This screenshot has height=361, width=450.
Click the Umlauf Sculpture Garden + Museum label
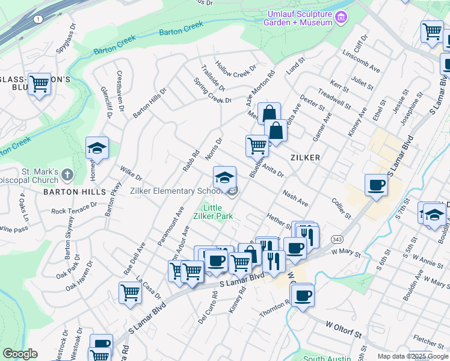[x=297, y=18]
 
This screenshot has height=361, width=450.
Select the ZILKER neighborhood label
[x=304, y=158]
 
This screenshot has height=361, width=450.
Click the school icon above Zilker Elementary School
[x=224, y=177]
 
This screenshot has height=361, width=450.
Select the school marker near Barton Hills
[x=97, y=147]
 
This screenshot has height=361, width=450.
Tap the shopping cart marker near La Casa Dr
[x=130, y=293]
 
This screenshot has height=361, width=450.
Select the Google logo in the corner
[x=20, y=354]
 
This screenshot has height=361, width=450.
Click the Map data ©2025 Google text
[x=412, y=356]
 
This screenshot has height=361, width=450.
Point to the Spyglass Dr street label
[x=66, y=39]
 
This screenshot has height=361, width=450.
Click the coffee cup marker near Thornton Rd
[x=303, y=295]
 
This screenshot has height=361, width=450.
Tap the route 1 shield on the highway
[x=39, y=19]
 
